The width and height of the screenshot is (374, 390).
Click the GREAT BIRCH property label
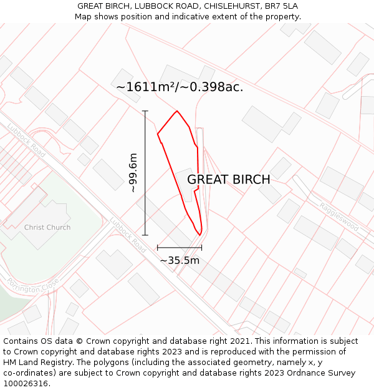pos(228,180)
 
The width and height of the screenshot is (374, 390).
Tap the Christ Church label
pos(47,228)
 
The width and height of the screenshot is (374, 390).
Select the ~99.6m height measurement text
pos(133,173)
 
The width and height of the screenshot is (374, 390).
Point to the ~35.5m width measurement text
pos(180,260)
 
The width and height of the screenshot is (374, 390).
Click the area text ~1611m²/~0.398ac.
pos(180,87)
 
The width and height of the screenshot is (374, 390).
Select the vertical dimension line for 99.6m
pos(145,173)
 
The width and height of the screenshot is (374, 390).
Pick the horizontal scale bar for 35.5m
pos(180,248)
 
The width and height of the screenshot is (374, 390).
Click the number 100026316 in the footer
pos(26,384)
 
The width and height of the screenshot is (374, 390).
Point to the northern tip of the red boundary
pos(177,111)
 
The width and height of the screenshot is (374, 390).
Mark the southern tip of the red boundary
pos(199,235)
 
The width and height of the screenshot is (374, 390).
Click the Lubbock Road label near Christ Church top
pos(26,140)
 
